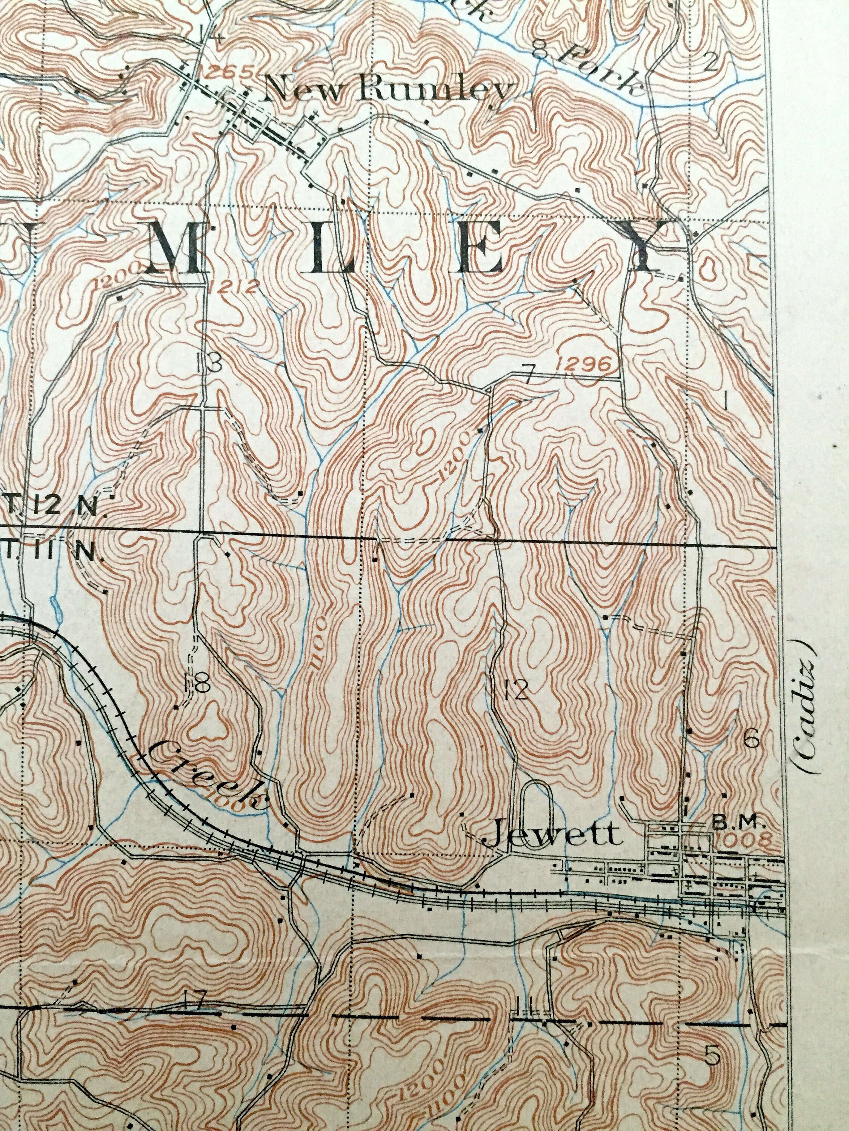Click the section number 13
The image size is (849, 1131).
208,363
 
